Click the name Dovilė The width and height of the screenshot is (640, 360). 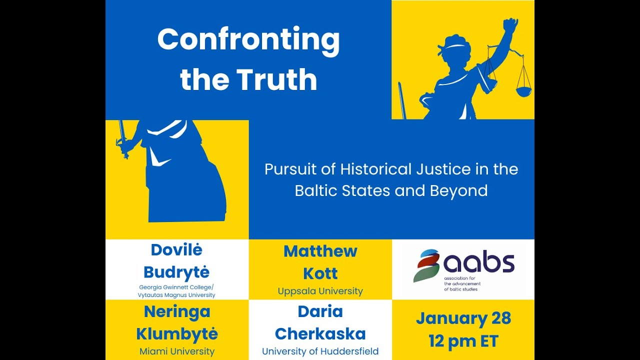click(176, 249)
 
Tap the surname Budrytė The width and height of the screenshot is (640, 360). click(176, 272)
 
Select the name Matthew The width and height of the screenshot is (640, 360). click(320, 251)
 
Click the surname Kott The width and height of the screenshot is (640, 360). click(320, 273)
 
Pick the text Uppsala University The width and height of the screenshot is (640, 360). click(320, 291)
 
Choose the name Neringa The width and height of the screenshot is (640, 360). click(176, 312)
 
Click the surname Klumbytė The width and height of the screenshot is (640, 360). click(176, 333)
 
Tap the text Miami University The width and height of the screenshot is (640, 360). click(176, 351)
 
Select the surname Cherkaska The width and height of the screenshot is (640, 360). click(320, 333)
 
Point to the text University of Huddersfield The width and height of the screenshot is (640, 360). click(320, 351)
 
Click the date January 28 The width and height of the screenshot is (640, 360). click(463, 318)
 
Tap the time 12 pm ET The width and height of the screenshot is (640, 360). click(463, 341)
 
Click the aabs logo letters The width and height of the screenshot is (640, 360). click(479, 263)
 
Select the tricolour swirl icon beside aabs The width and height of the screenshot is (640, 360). click(426, 265)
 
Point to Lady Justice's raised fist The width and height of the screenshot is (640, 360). click(510, 25)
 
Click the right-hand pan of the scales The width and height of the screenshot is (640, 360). click(523, 91)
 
